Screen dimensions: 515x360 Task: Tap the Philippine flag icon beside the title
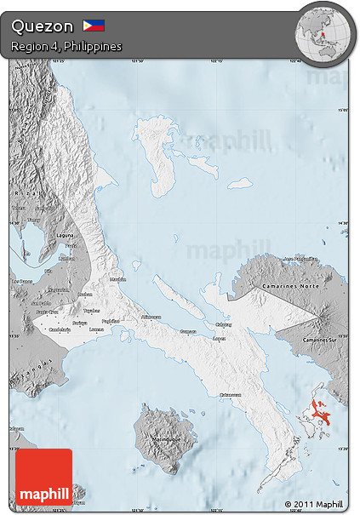94,26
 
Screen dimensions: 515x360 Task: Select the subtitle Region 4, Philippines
66,45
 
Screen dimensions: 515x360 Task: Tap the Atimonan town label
150,317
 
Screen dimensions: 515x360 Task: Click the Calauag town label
224,323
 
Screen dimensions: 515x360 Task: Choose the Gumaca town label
188,331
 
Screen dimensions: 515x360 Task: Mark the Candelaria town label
60,329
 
